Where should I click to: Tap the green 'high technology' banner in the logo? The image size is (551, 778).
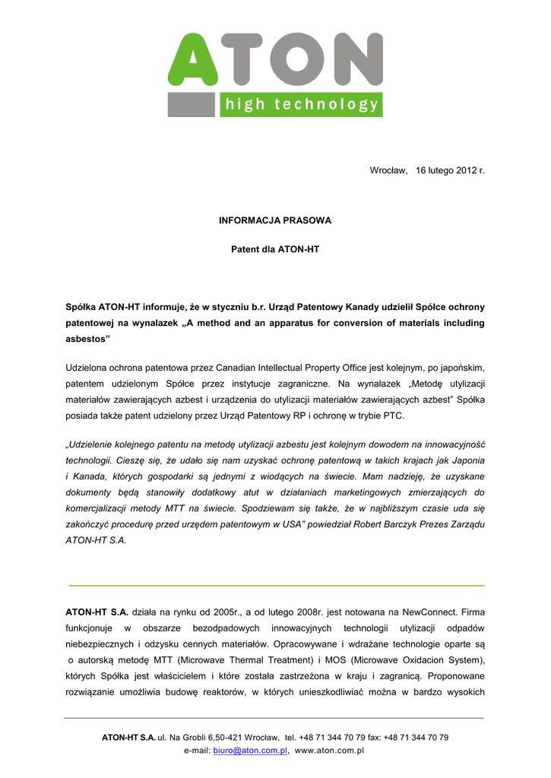tap(301, 105)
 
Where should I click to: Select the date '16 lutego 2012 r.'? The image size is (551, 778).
tap(450, 171)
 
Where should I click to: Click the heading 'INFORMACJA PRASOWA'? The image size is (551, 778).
tap(275, 220)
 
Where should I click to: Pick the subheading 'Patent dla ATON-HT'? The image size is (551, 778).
tap(275, 248)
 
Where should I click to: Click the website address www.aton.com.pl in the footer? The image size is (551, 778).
tap(329, 751)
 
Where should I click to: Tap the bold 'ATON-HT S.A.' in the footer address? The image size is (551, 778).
tap(128, 737)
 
